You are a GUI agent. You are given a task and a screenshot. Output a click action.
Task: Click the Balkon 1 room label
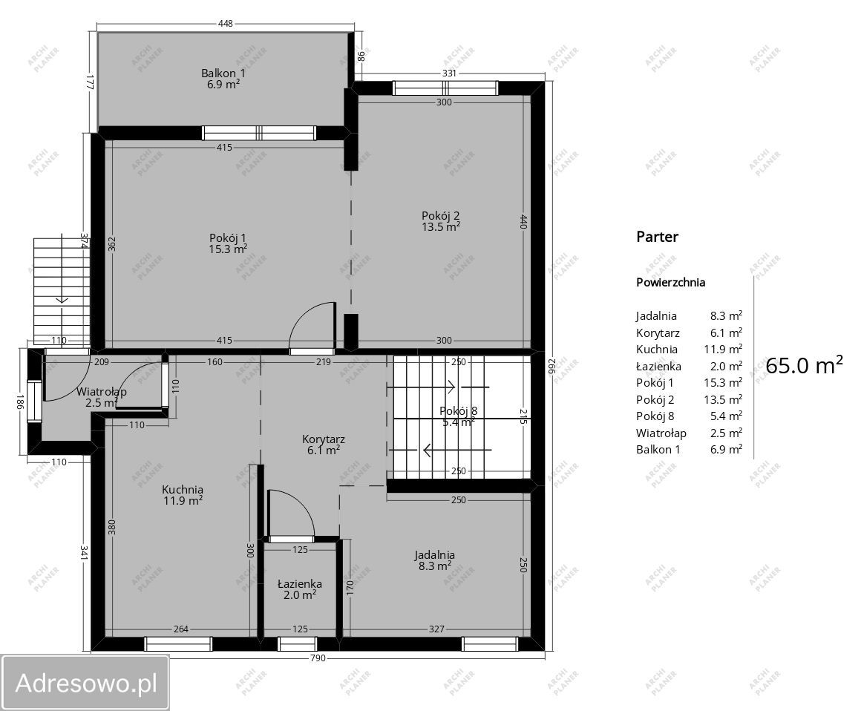[x=223, y=73]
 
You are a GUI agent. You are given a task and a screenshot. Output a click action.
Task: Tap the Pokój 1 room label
[x=228, y=238]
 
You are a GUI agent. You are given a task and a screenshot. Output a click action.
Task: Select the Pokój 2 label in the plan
[x=441, y=215]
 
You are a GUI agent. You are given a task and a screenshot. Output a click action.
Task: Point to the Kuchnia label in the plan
[x=183, y=489]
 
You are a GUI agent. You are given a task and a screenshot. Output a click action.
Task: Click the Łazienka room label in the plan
[x=300, y=584]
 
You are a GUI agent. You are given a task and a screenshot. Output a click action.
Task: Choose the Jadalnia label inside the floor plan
[x=435, y=554]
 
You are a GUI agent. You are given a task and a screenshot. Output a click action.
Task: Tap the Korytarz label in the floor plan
[x=324, y=439]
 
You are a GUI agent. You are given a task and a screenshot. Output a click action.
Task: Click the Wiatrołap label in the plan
[x=102, y=392]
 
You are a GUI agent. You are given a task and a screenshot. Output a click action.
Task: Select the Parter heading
[x=657, y=237]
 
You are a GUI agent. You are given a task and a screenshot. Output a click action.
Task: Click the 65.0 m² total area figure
[x=804, y=365]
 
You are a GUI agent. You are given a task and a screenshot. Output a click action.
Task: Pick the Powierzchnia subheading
[x=670, y=283]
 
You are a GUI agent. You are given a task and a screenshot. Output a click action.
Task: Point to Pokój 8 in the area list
[x=655, y=416]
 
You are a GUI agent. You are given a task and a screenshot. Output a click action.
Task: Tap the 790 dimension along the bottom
[x=318, y=658]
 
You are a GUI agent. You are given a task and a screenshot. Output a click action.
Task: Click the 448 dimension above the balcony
[x=226, y=24]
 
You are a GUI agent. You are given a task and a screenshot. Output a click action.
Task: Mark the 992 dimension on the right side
[x=553, y=366]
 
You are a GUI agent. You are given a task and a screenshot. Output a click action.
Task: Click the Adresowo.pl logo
[x=85, y=683]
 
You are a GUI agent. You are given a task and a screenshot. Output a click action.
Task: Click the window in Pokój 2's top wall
[x=445, y=88]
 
